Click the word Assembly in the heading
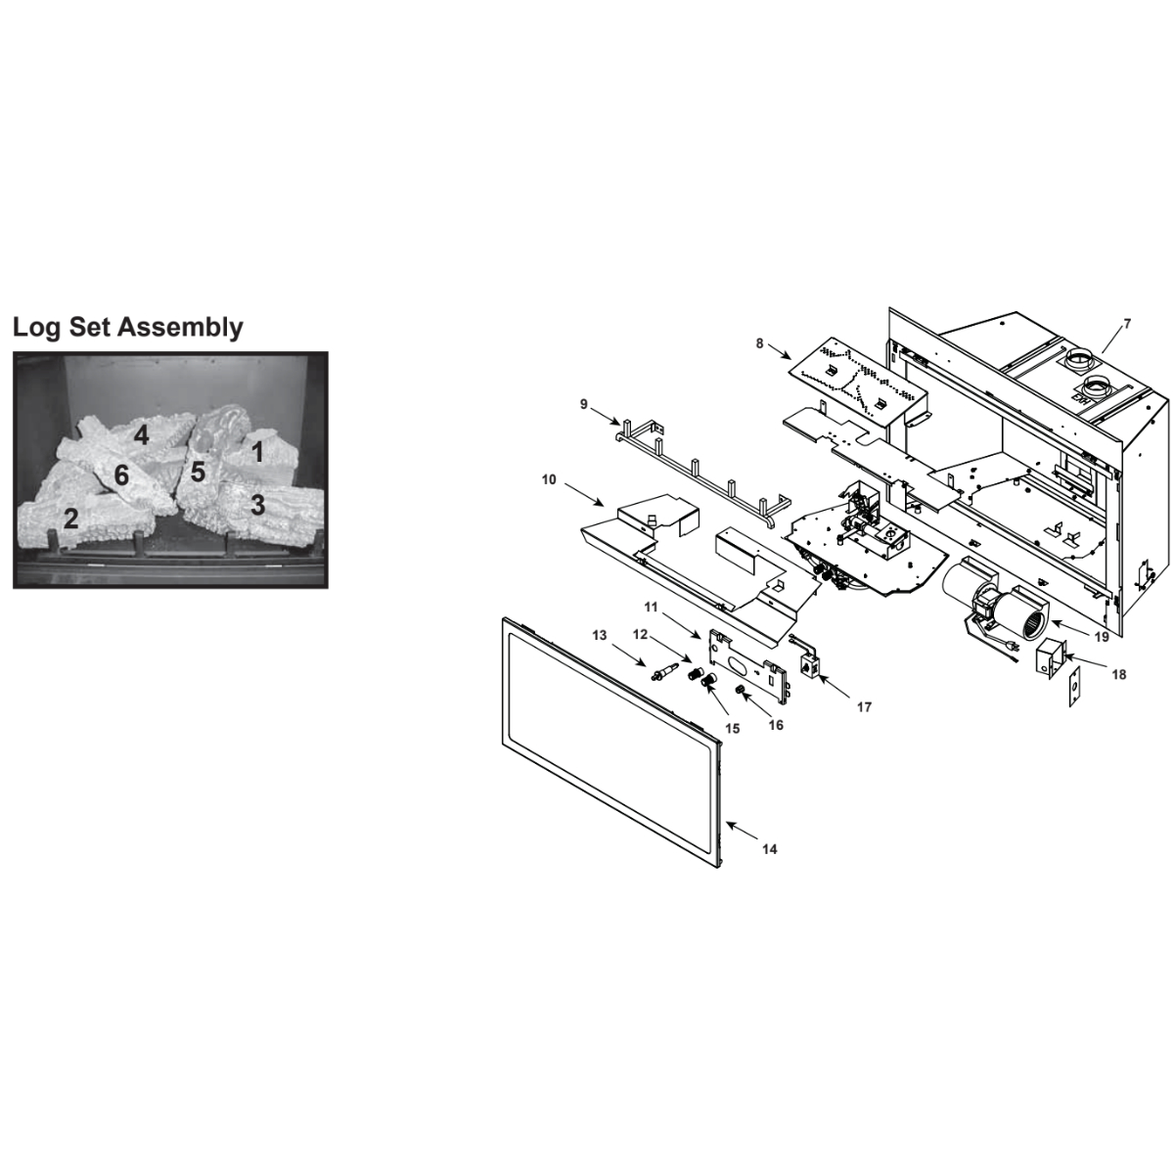180,329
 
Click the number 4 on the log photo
141,435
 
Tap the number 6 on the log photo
122,475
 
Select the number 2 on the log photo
70,519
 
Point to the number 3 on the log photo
257,505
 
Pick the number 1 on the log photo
257,452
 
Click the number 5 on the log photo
198,473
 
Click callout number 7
1126,324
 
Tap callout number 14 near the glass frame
770,848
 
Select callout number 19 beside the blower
1102,637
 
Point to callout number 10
549,479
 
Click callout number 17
864,706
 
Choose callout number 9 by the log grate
584,404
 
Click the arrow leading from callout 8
780,351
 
